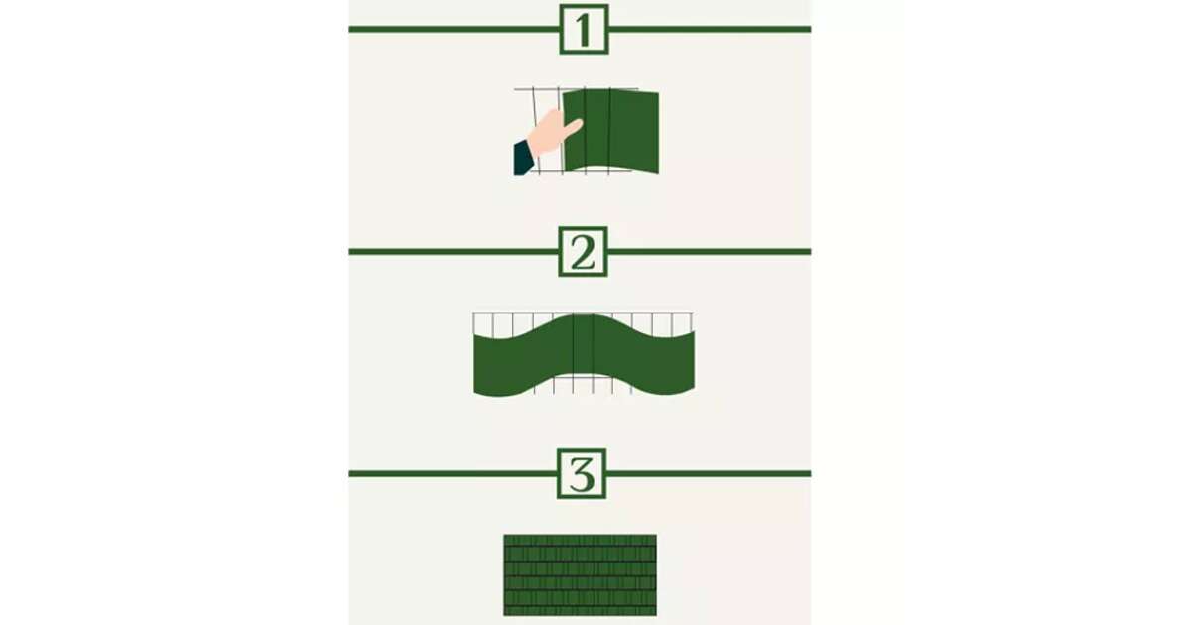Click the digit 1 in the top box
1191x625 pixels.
584,29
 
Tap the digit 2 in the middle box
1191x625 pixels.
583,252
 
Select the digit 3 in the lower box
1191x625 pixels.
582,474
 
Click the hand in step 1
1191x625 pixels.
553,132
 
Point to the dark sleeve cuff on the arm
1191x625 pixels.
523,158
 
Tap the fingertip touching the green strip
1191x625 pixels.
578,123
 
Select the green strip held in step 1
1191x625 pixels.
611,131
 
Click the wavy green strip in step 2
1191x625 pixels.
584,355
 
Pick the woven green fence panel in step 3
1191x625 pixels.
580,575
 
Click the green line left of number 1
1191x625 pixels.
455,29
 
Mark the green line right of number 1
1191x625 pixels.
710,29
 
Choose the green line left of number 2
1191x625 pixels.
454,252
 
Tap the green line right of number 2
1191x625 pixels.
710,252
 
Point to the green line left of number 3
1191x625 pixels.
453,473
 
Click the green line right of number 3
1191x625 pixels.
709,473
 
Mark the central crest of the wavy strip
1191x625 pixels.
584,315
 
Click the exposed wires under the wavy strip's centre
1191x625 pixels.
584,384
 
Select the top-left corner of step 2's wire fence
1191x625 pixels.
473,313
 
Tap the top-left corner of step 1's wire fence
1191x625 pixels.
515,89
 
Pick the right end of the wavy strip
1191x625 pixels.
694,361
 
